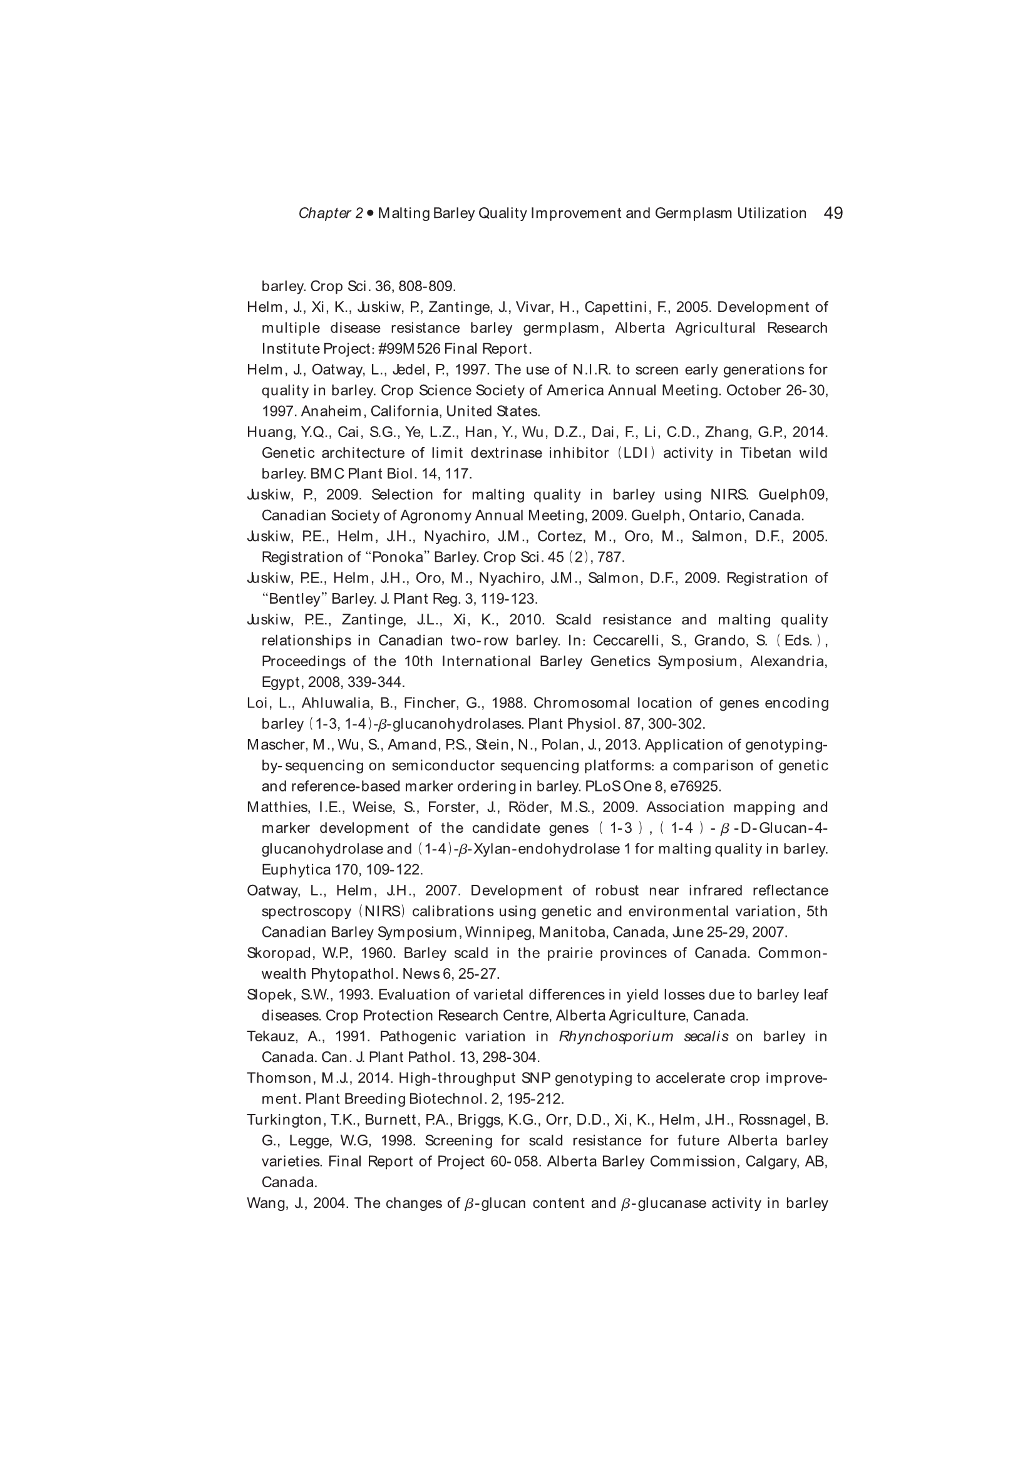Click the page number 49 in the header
(833, 213)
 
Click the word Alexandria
(789, 661)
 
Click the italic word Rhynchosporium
(615, 1037)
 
